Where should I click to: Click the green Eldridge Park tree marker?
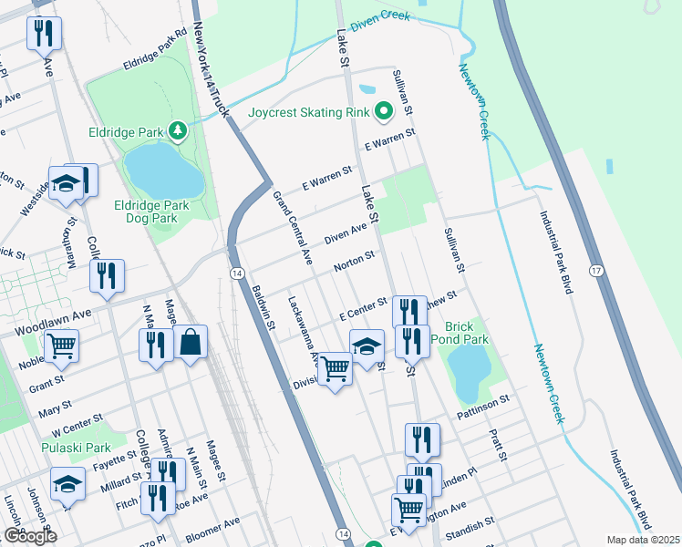[178, 132]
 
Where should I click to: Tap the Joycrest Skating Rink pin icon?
[384, 113]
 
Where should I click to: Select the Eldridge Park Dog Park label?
[152, 212]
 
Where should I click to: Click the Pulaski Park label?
[76, 448]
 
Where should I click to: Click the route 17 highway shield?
[595, 271]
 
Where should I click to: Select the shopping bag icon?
[191, 343]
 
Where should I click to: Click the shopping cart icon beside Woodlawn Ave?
[61, 346]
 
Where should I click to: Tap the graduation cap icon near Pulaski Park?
[67, 486]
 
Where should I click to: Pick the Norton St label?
[354, 262]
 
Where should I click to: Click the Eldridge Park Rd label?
[155, 56]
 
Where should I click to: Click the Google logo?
[30, 536]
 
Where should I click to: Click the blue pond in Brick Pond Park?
[468, 371]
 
